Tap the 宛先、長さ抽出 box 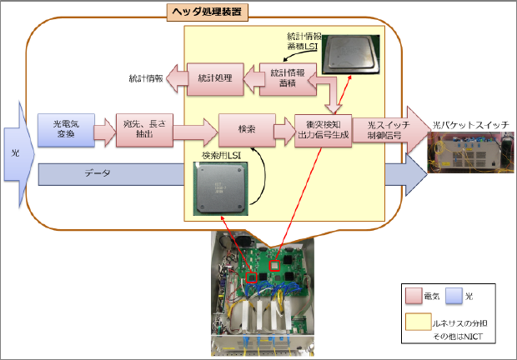135,131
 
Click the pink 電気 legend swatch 413,295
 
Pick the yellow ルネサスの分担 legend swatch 413,319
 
